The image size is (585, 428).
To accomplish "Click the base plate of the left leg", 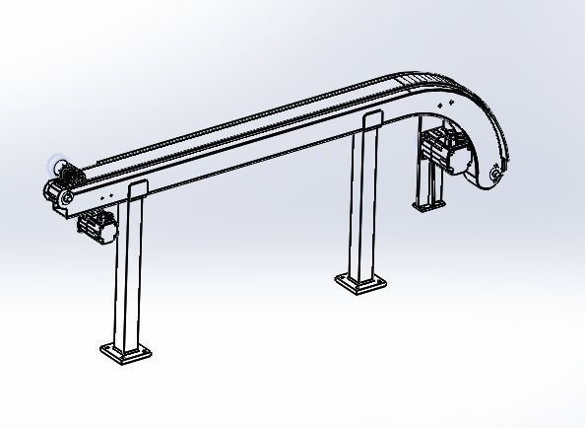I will pyautogui.click(x=125, y=350).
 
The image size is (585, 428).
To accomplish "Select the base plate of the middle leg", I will pyautogui.click(x=359, y=283).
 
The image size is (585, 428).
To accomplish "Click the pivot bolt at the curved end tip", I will pyautogui.click(x=492, y=175).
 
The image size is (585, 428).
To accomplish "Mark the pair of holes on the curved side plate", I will pyautogui.click(x=444, y=102).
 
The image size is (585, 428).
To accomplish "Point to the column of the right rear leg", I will pyautogui.click(x=426, y=182).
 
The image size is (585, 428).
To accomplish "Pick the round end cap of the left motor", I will pyautogui.click(x=113, y=231).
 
